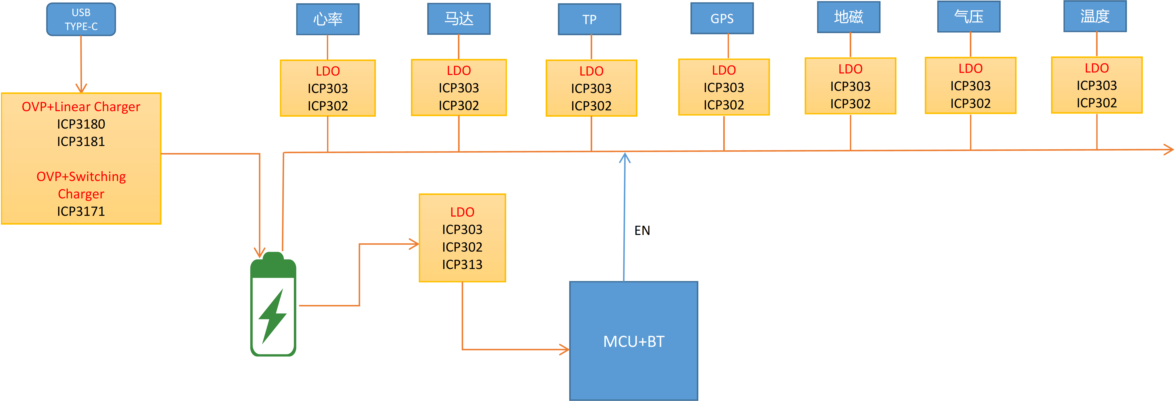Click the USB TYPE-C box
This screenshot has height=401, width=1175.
point(81,19)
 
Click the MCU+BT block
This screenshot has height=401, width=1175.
point(634,341)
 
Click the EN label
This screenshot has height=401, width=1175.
point(642,231)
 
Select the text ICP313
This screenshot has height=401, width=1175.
point(462,264)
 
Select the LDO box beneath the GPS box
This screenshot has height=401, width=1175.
point(724,87)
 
